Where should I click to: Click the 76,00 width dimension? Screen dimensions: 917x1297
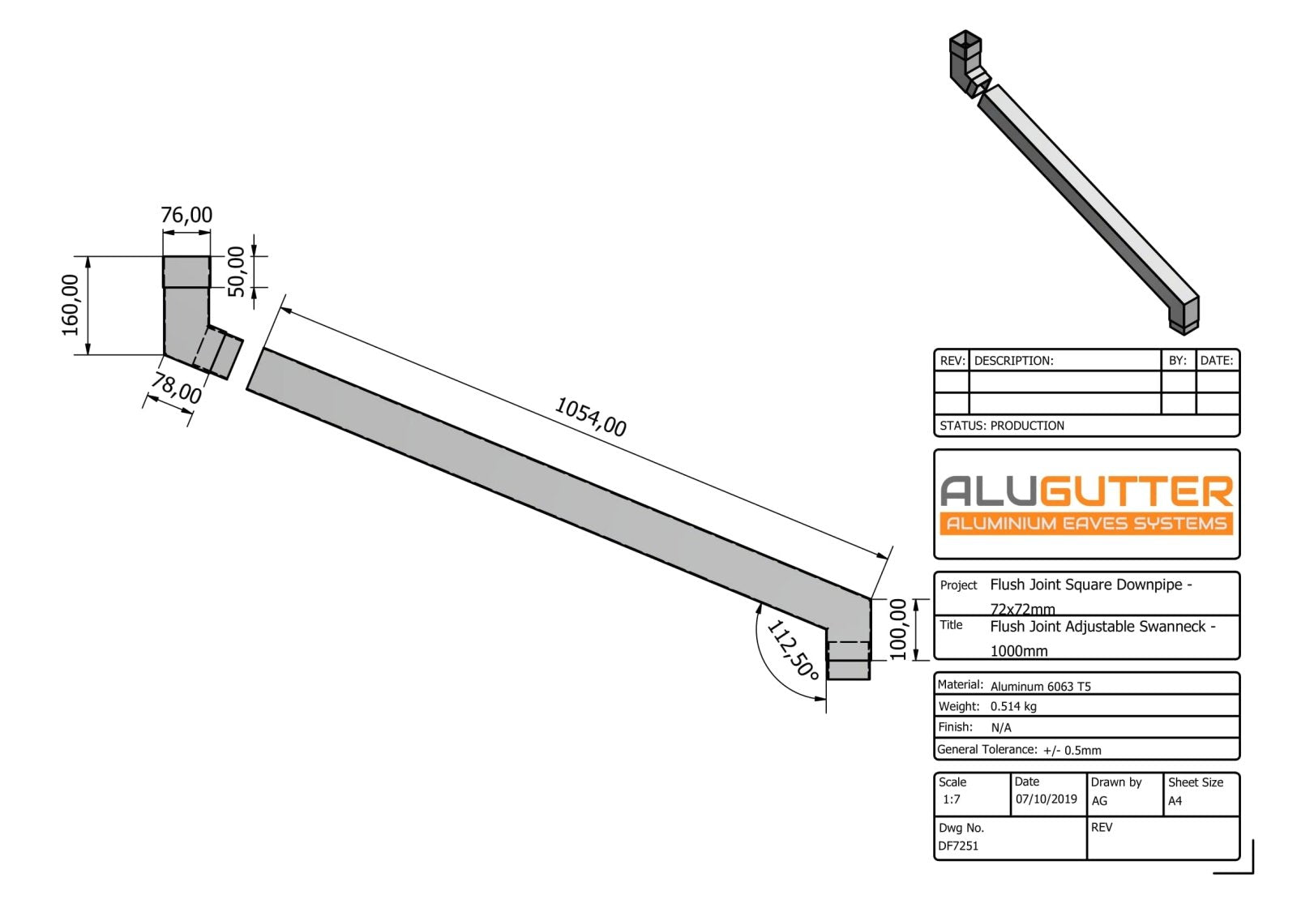(x=186, y=215)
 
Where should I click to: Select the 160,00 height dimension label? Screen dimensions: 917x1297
(x=71, y=305)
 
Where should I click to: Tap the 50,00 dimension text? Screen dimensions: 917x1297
(x=236, y=272)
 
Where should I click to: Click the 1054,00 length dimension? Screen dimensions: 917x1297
(x=590, y=416)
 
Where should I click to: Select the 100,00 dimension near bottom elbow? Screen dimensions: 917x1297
(x=898, y=629)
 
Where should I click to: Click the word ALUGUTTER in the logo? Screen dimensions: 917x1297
(x=1086, y=491)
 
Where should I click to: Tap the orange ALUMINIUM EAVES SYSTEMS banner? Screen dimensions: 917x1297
(x=1086, y=524)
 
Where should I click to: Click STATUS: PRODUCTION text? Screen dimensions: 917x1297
(x=1002, y=426)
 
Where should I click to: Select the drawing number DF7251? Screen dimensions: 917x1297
(x=958, y=846)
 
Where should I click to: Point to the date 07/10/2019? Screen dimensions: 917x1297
(x=1047, y=799)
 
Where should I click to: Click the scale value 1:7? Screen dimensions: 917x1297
(x=952, y=799)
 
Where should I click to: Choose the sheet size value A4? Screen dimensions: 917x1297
(x=1175, y=801)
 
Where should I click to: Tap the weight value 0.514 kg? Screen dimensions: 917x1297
(x=1013, y=706)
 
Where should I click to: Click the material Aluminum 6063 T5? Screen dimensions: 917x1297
(x=1041, y=686)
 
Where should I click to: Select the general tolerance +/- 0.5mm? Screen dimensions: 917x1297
(x=1072, y=750)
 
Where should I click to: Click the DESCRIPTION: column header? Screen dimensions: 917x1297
(x=1014, y=361)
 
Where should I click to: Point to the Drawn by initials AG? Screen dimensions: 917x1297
(x=1099, y=801)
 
